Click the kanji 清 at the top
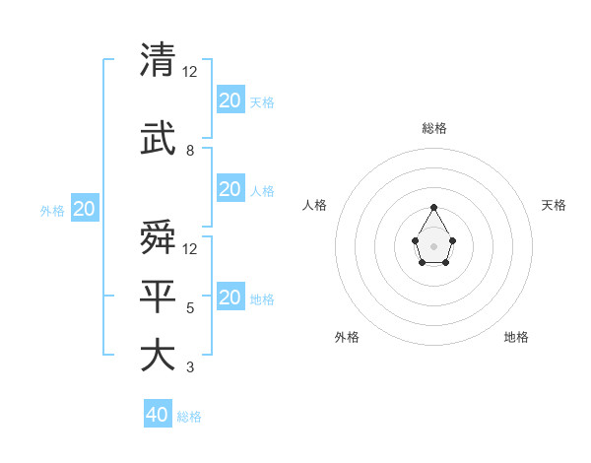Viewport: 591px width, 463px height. tap(159, 60)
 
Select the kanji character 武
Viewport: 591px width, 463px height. tap(159, 139)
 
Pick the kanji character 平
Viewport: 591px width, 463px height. tap(159, 297)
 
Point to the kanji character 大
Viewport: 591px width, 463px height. tap(159, 356)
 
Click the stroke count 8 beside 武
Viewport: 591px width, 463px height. tap(190, 151)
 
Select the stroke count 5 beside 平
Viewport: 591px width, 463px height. tap(190, 308)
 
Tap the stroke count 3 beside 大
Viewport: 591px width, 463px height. tap(190, 367)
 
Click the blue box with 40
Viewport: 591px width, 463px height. tap(158, 415)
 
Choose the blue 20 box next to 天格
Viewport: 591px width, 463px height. tap(230, 99)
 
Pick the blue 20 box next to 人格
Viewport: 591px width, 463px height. tap(230, 189)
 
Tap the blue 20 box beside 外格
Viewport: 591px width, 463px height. tap(85, 209)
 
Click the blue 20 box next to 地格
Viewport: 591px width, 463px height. tap(230, 298)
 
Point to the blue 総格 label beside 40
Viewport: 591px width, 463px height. tap(189, 417)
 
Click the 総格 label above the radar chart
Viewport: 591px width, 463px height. tap(434, 128)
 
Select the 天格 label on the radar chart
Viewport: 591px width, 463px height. tap(554, 205)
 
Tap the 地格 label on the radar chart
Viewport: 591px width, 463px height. tap(516, 337)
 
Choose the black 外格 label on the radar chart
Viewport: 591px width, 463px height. tap(347, 337)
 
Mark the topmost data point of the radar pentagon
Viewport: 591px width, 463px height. tap(434, 207)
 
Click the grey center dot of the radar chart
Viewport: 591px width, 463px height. tap(434, 245)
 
